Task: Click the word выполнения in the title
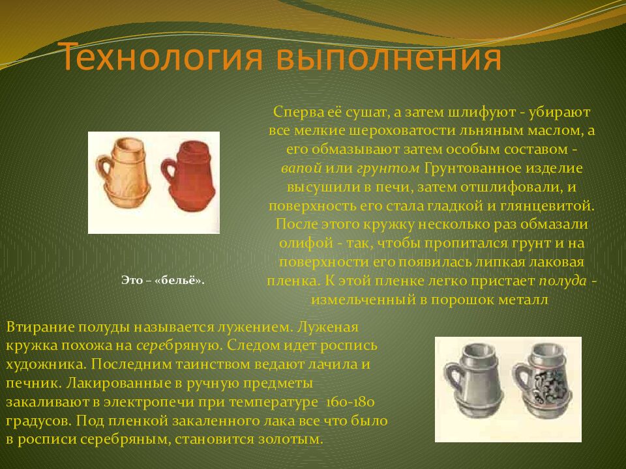389,59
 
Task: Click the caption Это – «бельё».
163,280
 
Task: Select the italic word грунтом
388,168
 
